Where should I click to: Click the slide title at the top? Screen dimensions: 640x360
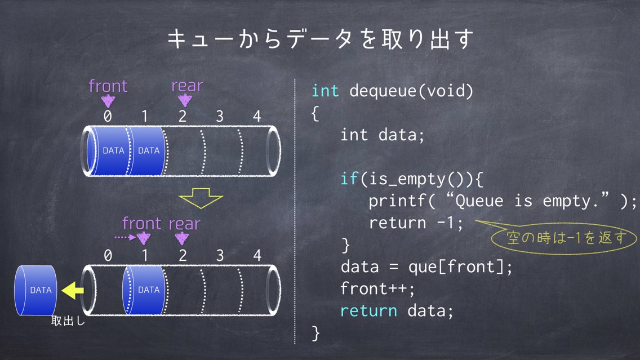[x=321, y=39]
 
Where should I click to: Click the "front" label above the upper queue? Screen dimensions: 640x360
[x=108, y=86]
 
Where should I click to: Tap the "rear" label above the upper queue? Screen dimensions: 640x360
[x=187, y=86]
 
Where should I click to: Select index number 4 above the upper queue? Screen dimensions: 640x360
[x=257, y=116]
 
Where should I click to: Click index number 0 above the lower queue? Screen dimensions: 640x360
[x=108, y=255]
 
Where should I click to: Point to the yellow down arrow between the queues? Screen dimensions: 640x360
[x=201, y=198]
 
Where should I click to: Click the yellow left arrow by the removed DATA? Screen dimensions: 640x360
[x=73, y=290]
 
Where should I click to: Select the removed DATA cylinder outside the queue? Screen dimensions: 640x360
[x=36, y=290]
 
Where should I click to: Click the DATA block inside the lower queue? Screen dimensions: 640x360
[x=144, y=290]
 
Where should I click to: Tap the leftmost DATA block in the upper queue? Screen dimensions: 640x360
[x=109, y=150]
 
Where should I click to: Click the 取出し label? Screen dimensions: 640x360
[x=68, y=321]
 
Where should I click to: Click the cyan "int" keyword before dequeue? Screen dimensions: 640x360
[x=325, y=91]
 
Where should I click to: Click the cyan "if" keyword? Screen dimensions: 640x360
[x=349, y=179]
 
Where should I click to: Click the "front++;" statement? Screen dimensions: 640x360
[x=377, y=288]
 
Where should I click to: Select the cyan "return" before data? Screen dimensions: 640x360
[x=368, y=311]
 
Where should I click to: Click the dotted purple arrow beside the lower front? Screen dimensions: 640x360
[x=125, y=237]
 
